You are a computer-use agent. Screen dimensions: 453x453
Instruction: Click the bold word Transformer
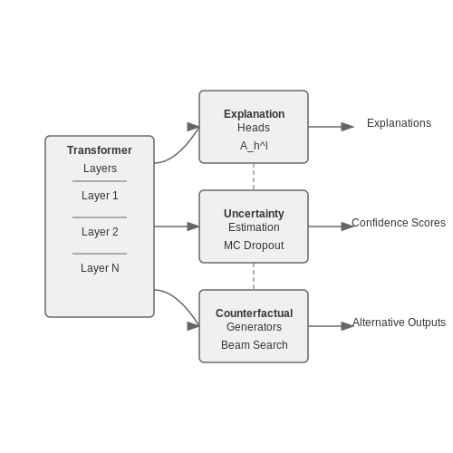pos(100,150)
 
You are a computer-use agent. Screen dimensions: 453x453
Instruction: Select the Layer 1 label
pos(100,196)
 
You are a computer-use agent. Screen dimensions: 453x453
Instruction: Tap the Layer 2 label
pos(100,232)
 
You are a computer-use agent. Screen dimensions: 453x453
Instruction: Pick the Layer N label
pos(100,268)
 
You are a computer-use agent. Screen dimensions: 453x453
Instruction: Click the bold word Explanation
pos(254,114)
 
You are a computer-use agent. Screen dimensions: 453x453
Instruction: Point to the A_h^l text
pos(254,146)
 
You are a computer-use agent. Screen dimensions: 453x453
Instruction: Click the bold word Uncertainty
pos(254,214)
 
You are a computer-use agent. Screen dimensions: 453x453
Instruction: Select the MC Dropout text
pos(254,246)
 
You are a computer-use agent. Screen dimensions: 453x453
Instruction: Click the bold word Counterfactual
pos(254,313)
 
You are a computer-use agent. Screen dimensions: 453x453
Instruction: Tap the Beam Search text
pos(254,345)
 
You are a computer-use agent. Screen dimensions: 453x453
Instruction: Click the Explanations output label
pos(399,123)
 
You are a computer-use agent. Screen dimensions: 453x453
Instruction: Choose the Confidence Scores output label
pos(399,223)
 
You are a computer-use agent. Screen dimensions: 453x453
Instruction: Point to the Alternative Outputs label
pos(399,323)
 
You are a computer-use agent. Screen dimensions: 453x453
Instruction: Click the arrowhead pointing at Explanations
pos(347,127)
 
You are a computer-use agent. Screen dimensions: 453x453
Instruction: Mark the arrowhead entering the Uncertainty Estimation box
pos(193,226)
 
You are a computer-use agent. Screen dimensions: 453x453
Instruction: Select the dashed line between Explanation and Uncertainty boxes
pos(254,177)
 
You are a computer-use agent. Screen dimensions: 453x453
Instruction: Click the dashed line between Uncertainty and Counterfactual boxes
pos(254,276)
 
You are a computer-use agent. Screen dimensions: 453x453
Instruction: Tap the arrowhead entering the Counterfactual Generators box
pos(193,326)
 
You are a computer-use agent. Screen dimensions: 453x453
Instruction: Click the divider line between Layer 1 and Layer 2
pos(100,217)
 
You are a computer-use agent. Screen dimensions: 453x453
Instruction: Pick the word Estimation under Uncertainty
pos(254,227)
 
